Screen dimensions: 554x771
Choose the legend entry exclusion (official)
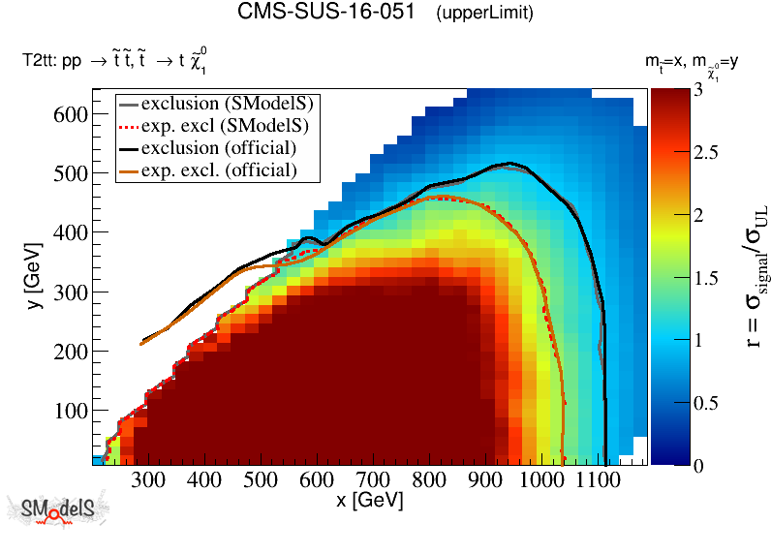click(x=218, y=148)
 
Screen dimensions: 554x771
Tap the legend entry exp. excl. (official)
click(x=218, y=170)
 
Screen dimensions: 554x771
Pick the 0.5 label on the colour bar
click(x=679, y=403)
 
